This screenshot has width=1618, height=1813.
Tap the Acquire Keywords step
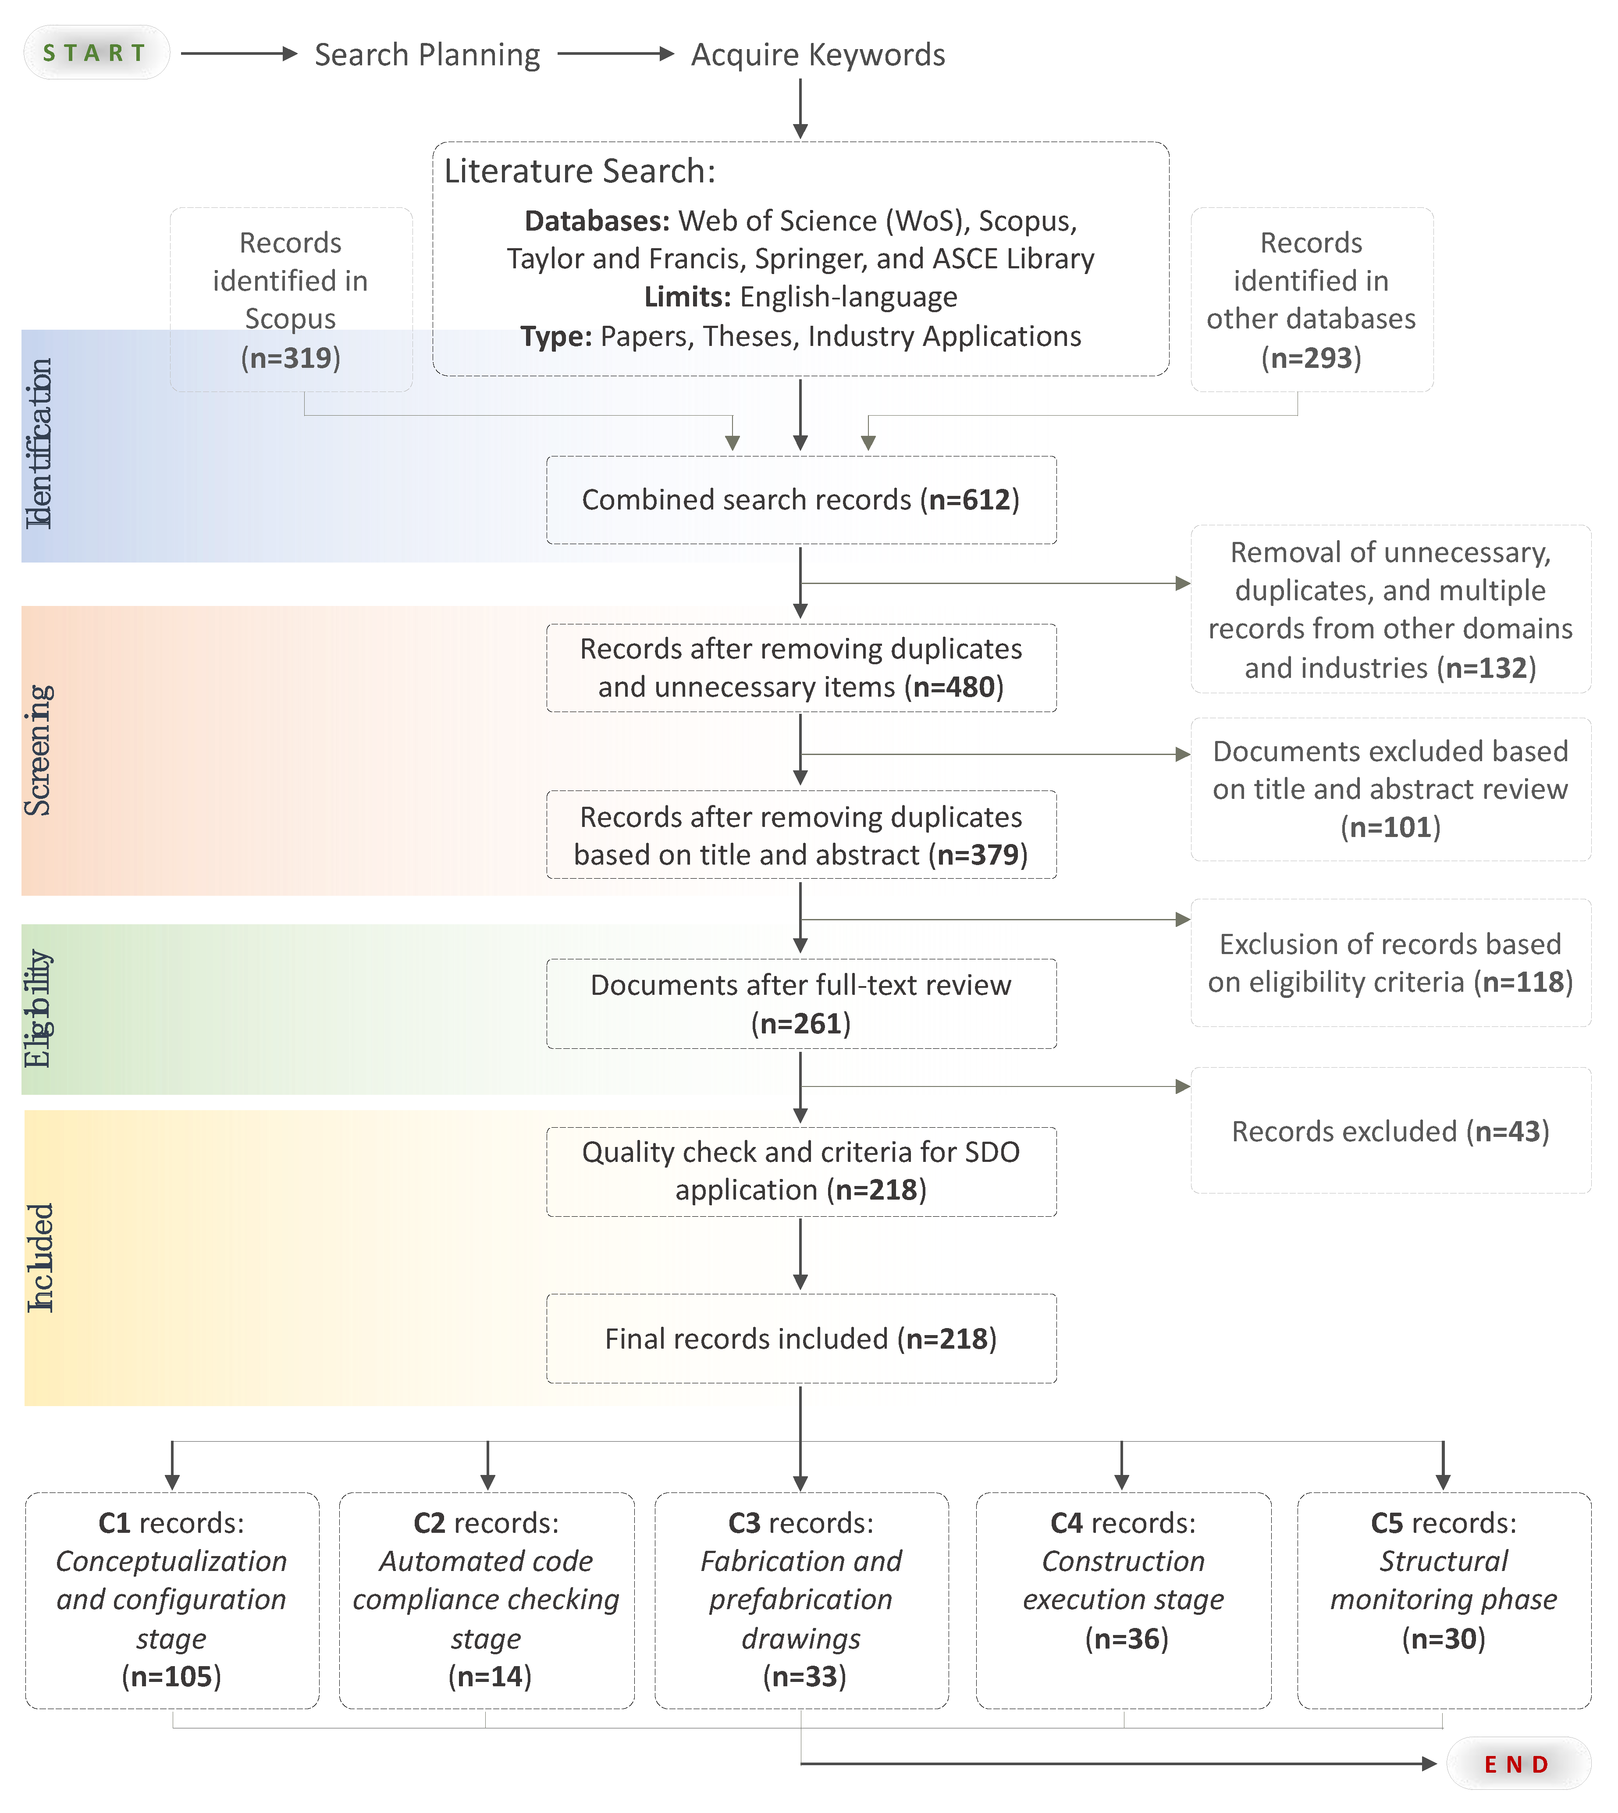[x=818, y=55]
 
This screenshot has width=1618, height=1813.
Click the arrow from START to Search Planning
[x=238, y=54]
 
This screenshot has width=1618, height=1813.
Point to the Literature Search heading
[x=580, y=171]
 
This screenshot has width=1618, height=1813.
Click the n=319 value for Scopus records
[x=291, y=358]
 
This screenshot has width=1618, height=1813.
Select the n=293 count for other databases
[x=1311, y=358]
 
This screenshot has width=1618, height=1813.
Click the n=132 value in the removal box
[x=1486, y=668]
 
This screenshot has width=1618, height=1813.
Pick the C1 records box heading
[x=171, y=1523]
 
